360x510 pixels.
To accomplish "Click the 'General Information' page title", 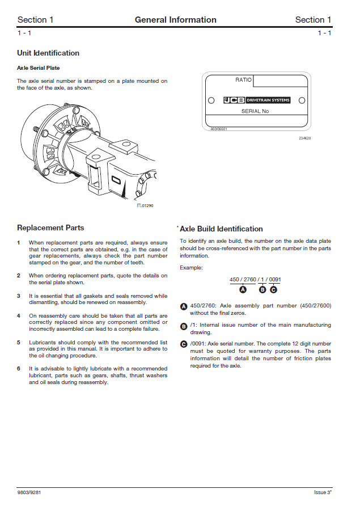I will coord(175,20).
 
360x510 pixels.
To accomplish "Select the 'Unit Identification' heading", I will coord(48,53).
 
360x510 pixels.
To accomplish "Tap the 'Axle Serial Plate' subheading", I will coord(39,68).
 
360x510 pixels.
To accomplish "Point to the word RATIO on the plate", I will coord(243,80).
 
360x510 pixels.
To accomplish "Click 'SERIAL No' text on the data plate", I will coord(255,111).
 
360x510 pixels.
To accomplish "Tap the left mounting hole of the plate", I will coord(211,101).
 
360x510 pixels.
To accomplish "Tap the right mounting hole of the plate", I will coord(300,101).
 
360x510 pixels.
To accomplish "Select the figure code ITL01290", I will coord(145,205).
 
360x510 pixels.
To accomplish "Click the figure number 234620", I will coord(305,138).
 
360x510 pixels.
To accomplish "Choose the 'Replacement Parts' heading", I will coord(50,228).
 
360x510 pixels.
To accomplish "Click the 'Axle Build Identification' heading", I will coord(221,229).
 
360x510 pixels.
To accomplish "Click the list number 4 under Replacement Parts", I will coord(19,315).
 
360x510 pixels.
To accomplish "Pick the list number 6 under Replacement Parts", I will coord(19,369).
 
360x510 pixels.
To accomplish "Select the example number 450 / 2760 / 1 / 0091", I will coord(255,280).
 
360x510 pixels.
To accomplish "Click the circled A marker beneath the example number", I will coord(243,289).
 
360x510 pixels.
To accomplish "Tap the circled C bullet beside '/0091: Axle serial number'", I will coord(183,344).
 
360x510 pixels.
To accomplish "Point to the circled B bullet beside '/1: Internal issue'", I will coord(183,326).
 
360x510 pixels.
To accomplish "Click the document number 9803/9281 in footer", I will coord(29,492).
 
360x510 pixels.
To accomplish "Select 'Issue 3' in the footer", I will coord(322,492).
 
